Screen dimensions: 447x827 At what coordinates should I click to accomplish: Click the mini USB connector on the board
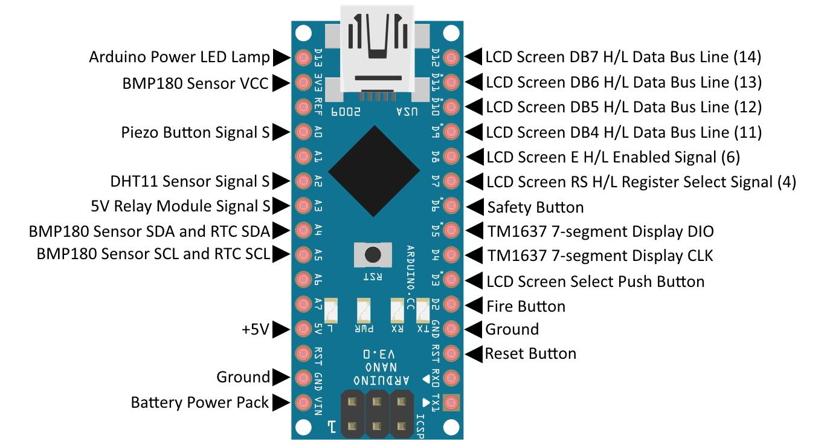[377, 51]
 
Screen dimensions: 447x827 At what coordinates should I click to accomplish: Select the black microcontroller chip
[375, 168]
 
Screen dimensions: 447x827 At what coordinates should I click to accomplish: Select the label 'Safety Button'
[535, 208]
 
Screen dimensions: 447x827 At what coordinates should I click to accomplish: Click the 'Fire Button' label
[526, 306]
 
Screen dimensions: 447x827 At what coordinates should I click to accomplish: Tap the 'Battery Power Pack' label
[199, 402]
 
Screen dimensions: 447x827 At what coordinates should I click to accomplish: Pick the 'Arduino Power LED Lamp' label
[179, 57]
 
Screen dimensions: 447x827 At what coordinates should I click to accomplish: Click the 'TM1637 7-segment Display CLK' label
[599, 256]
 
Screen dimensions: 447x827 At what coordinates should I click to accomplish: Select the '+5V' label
[255, 329]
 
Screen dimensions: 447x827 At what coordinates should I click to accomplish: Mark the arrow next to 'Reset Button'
[475, 353]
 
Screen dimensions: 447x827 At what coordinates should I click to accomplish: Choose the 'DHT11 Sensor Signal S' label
[190, 181]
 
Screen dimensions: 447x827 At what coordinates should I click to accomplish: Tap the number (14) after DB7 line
[747, 57]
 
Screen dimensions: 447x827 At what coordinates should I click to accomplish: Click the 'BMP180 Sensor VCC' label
[195, 83]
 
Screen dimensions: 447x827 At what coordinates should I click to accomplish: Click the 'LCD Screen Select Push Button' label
[595, 281]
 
